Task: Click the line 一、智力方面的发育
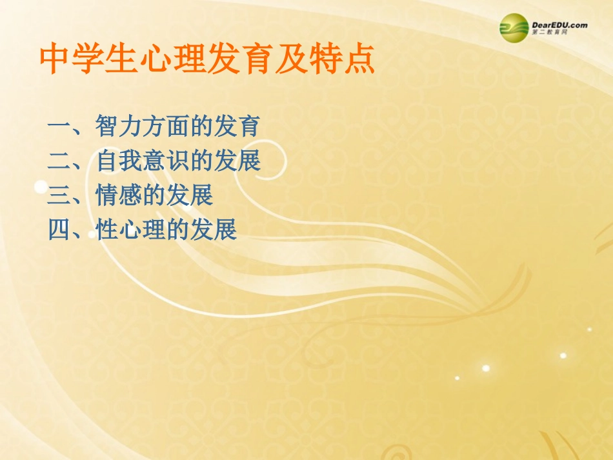154,125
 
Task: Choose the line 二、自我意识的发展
154,160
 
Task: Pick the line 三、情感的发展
130,195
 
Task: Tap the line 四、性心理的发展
143,229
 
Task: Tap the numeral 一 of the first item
59,126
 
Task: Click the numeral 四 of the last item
59,230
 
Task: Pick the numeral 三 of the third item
59,195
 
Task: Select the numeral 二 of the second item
59,161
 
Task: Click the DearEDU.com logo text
559,25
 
